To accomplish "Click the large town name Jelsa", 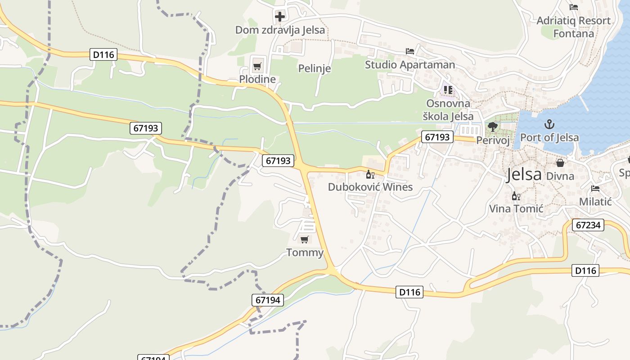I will [x=524, y=174].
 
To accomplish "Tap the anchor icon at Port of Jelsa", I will [x=549, y=124].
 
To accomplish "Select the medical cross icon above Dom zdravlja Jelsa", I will [x=280, y=17].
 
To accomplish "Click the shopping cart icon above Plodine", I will [x=257, y=67].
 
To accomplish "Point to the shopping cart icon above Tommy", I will [x=305, y=239].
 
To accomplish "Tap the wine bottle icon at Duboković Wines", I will [x=370, y=174].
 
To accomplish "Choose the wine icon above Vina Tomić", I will [x=516, y=196].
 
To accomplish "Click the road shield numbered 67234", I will [x=588, y=225].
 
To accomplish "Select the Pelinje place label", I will [x=315, y=68].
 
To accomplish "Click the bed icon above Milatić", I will [x=595, y=189].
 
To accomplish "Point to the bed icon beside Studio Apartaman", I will [x=409, y=51].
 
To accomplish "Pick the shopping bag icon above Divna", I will [x=560, y=163].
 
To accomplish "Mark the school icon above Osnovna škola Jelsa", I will [x=448, y=90].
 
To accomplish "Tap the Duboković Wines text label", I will [x=370, y=187].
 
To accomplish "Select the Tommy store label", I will [x=305, y=252].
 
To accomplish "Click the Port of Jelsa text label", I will [x=549, y=137].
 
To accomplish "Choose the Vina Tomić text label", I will [x=516, y=209].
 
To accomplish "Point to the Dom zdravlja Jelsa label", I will [x=280, y=30].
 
